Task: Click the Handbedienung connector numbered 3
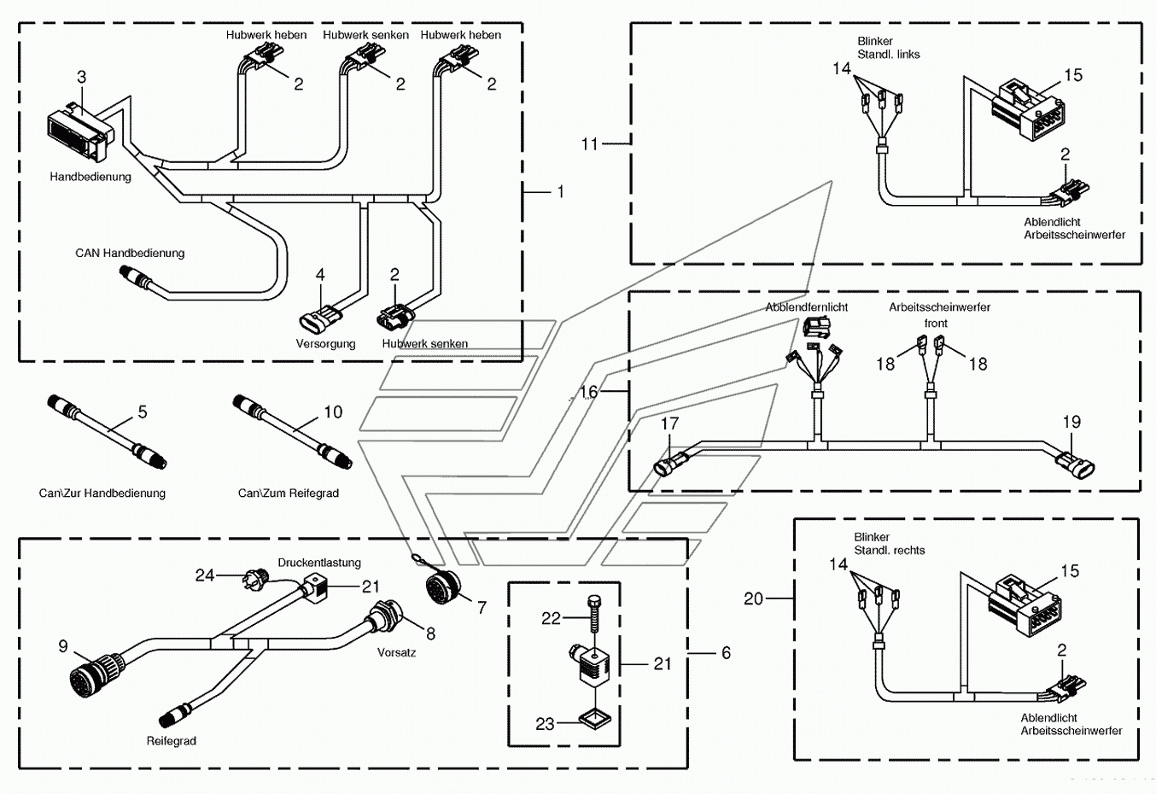pos(81,132)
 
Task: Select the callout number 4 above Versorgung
pos(320,274)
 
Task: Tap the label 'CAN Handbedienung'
pos(130,254)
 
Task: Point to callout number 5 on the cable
pos(143,412)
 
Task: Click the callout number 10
pos(333,412)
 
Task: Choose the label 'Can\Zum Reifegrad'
pos(289,493)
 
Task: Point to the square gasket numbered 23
pos(594,719)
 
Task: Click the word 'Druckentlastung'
pos(319,563)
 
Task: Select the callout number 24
pos(205,575)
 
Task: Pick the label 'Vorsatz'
pos(396,652)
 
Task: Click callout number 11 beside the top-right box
pos(590,144)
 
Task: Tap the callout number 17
pos(669,424)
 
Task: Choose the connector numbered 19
pos(1075,464)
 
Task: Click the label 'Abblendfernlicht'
pos(806,307)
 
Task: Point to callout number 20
pos(753,598)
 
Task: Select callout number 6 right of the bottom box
pos(726,653)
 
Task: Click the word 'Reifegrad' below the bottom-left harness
pos(172,741)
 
